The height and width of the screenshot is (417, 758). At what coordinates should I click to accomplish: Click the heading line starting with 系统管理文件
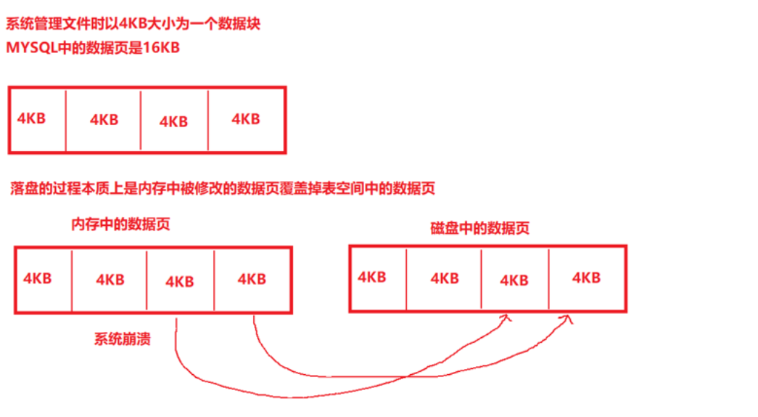(x=133, y=24)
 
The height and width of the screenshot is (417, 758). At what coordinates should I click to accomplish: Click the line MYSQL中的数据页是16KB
(x=92, y=49)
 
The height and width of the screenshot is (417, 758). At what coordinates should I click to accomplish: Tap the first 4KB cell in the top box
(x=31, y=118)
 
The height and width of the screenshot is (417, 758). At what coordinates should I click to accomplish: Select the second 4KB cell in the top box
(x=104, y=120)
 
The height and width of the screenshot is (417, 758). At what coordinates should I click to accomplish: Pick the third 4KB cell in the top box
(x=173, y=121)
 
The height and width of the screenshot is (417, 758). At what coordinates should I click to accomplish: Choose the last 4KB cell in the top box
(x=245, y=119)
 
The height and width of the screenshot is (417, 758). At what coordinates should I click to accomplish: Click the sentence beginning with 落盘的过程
(x=223, y=189)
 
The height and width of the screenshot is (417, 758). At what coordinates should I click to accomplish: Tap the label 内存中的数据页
(x=120, y=224)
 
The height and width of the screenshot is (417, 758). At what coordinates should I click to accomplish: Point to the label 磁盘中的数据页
(x=479, y=228)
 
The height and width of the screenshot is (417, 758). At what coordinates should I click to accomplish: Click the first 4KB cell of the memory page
(x=37, y=278)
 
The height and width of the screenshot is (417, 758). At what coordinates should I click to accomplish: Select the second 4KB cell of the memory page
(x=110, y=280)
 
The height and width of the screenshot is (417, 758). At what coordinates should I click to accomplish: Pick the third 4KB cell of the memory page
(x=179, y=281)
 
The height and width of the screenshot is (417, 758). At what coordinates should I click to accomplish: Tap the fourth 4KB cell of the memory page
(x=251, y=279)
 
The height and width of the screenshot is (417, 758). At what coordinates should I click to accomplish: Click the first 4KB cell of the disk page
(x=371, y=277)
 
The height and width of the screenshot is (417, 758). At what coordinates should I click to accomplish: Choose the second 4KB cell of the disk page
(x=444, y=278)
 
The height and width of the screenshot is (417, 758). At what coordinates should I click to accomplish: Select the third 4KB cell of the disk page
(x=514, y=280)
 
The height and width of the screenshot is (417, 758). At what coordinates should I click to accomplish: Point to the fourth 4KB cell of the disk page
(x=586, y=278)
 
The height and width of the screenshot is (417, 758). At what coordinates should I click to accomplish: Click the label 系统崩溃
(x=122, y=339)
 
